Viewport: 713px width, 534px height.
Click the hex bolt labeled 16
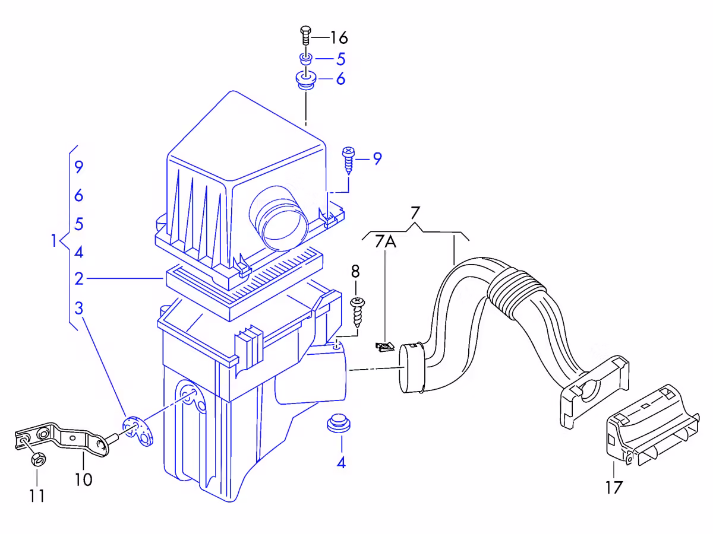click(305, 36)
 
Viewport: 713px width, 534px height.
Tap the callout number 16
click(339, 37)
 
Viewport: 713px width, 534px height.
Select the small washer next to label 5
click(306, 59)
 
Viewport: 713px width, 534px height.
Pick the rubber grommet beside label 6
click(306, 81)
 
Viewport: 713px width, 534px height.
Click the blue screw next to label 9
click(349, 160)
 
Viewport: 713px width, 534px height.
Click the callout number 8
click(355, 271)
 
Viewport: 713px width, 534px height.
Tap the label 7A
click(386, 241)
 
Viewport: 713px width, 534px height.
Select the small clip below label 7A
click(385, 347)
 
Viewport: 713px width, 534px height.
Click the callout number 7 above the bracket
click(415, 214)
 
